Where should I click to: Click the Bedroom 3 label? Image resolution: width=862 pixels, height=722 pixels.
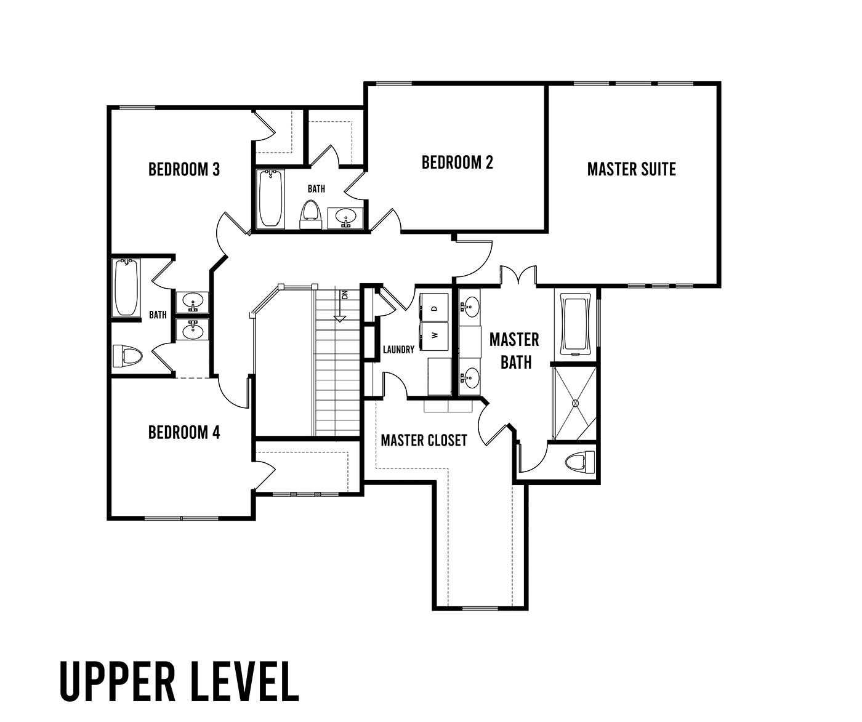tap(183, 169)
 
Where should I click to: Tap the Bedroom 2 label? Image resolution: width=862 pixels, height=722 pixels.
tap(457, 162)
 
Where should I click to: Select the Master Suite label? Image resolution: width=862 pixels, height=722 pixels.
tap(632, 169)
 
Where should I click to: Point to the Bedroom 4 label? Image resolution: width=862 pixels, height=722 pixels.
tap(183, 432)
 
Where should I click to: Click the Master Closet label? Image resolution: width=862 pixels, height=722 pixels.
tap(424, 441)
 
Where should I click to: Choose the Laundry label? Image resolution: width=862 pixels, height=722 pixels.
tap(398, 350)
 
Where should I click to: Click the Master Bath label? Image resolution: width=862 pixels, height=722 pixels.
tap(515, 351)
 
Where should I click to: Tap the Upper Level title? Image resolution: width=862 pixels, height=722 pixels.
tap(179, 681)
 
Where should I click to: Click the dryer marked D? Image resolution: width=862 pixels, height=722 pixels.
tap(434, 308)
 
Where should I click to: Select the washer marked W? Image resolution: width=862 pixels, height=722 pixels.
tap(434, 336)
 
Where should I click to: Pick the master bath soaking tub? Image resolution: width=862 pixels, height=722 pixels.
tap(576, 323)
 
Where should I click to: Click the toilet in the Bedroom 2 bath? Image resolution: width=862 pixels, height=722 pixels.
tap(311, 214)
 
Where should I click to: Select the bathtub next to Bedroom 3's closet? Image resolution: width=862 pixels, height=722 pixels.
tap(270, 199)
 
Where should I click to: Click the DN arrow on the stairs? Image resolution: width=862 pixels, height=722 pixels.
tap(340, 306)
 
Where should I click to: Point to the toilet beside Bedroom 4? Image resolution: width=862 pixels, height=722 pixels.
tap(127, 355)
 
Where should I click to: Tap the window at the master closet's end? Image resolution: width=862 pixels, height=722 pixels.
tap(480, 608)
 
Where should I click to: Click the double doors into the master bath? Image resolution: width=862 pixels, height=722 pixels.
tap(518, 275)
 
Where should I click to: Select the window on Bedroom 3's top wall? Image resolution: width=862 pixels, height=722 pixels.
tap(137, 108)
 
